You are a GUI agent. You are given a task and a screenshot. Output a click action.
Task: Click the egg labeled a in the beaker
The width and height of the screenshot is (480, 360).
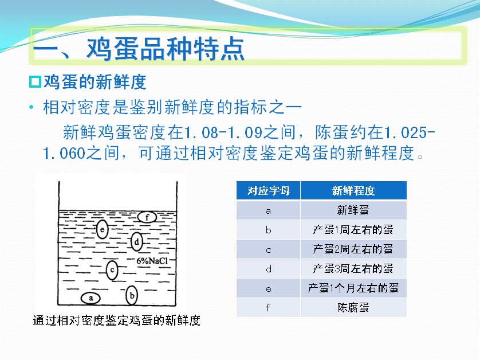point(91,298)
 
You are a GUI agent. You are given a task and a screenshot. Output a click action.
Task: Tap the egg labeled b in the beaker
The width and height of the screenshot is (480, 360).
point(132,295)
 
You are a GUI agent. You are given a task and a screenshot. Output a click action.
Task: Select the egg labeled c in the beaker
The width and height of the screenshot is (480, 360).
point(112,270)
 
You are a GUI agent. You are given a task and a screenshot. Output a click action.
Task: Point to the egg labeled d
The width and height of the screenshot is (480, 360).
point(136,242)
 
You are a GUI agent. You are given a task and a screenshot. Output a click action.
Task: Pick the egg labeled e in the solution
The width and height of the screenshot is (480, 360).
point(103,229)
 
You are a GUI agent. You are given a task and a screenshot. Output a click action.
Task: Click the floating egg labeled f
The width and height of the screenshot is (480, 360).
point(147,217)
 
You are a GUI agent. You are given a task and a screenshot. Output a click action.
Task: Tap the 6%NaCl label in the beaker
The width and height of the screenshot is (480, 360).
point(152,261)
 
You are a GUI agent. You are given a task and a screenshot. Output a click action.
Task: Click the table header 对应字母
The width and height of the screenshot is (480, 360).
point(269,190)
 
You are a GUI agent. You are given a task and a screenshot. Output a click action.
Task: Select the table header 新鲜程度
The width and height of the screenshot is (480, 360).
point(353,190)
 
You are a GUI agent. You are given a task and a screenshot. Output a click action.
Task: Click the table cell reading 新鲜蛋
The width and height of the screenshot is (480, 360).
point(353,210)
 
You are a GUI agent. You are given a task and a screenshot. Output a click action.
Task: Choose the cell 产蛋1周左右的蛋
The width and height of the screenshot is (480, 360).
point(353,229)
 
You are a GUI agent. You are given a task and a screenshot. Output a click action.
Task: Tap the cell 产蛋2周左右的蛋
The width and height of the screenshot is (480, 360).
point(353,249)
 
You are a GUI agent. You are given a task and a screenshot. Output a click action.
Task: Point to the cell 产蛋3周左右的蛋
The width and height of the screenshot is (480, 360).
point(353,269)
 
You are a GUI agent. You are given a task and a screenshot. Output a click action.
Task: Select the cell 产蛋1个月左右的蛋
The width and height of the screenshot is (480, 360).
point(353,288)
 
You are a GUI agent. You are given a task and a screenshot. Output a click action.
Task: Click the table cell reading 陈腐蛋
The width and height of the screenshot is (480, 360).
point(353,307)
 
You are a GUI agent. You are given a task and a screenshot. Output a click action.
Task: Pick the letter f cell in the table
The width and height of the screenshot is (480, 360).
point(268,307)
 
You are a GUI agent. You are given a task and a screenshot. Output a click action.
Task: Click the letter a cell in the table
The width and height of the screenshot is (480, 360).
point(268,211)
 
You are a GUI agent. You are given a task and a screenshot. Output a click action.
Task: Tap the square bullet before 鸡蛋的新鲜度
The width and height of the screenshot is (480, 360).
point(35,82)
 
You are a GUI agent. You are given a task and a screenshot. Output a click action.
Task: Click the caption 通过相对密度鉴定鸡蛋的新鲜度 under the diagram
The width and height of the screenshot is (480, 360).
point(117,320)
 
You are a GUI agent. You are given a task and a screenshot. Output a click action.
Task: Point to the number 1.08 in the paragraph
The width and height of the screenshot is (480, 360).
point(202,132)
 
